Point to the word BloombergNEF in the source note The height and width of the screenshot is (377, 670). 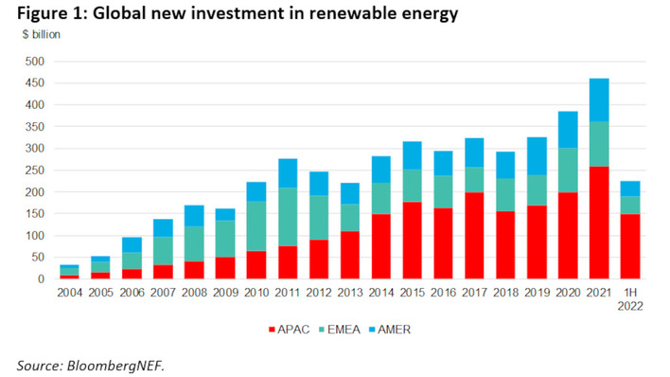coord(109,365)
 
